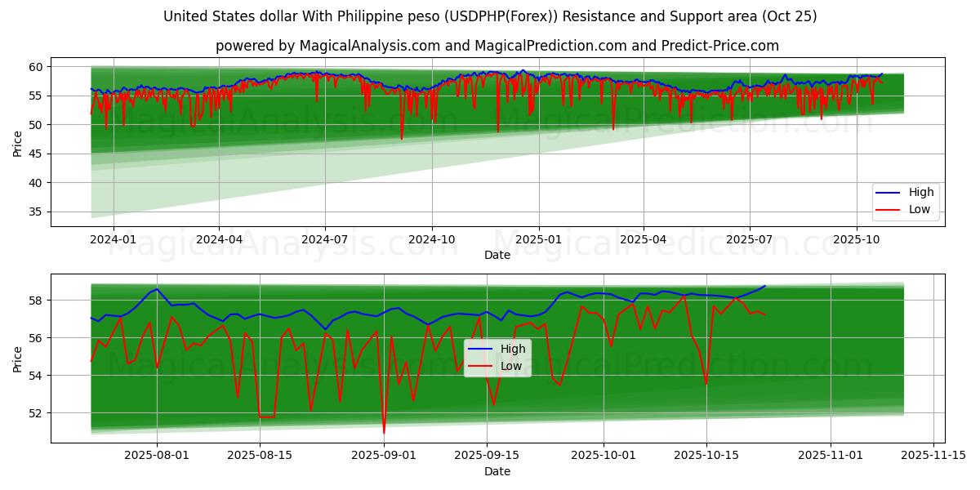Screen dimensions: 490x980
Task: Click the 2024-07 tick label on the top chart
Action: tap(325, 239)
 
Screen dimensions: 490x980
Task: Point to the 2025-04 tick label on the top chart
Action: tap(644, 239)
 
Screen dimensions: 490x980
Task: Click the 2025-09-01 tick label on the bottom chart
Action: tap(384, 456)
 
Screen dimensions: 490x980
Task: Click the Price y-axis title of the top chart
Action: tap(18, 143)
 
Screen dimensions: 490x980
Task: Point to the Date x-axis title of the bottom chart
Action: tap(497, 471)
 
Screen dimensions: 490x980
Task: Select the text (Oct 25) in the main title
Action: tap(788, 16)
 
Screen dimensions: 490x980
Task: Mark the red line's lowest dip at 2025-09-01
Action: tap(384, 432)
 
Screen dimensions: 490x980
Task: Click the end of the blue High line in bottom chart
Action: tap(765, 286)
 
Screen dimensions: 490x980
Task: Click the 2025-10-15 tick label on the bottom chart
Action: tap(706, 456)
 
